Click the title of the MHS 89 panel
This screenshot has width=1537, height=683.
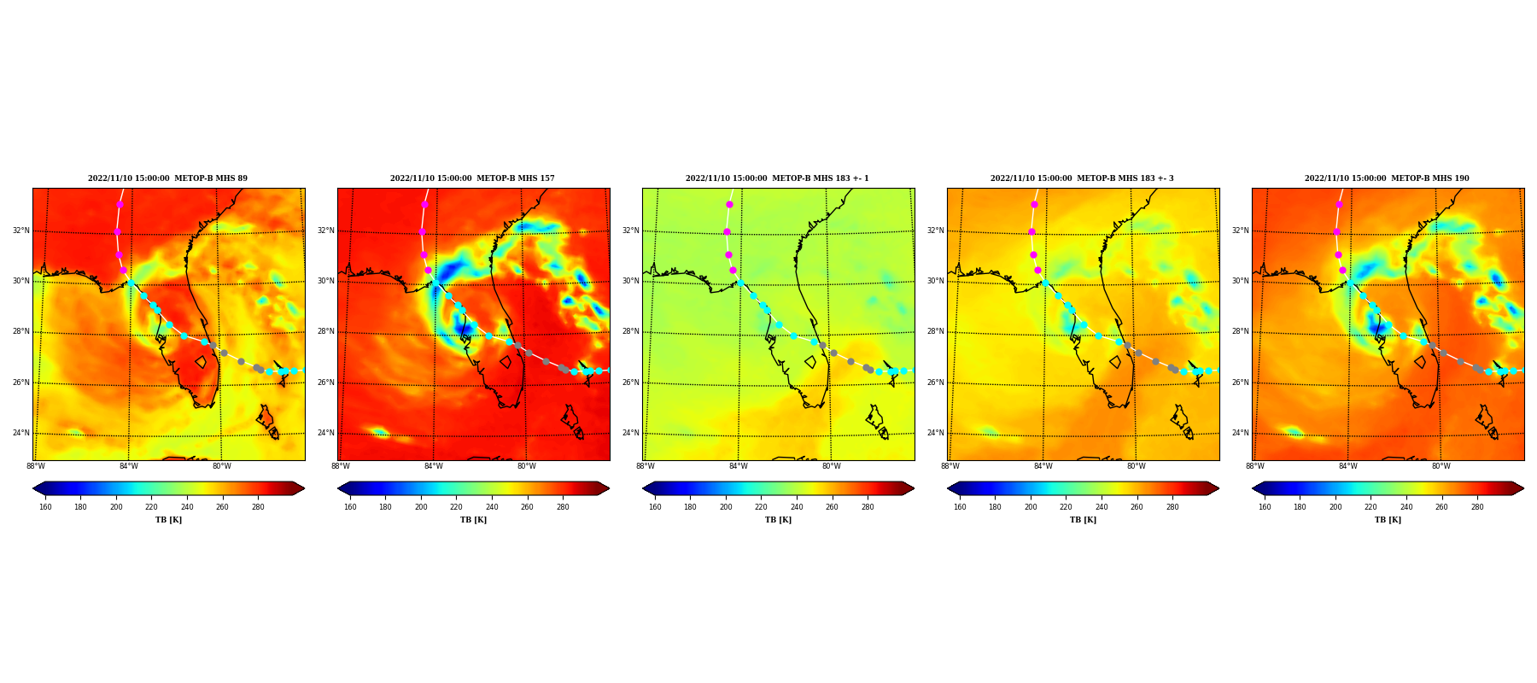[x=167, y=178]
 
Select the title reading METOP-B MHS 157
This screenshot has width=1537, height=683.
[x=472, y=178]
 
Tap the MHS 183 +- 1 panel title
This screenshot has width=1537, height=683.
[x=777, y=178]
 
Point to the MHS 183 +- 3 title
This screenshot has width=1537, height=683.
[x=1082, y=178]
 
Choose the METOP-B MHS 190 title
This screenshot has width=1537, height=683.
[x=1387, y=178]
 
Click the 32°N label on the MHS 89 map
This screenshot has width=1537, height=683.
[x=21, y=231]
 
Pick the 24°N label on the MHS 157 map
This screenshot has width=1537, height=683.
[x=326, y=433]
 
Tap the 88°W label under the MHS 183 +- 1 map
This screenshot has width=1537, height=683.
[x=646, y=466]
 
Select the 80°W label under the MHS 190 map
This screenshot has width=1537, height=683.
[x=1441, y=466]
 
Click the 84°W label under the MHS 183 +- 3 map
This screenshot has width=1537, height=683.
[x=1043, y=466]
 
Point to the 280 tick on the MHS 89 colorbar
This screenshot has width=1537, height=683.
[x=258, y=507]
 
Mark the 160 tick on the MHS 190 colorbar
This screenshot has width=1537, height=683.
[x=1265, y=507]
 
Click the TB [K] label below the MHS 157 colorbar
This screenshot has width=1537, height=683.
[x=473, y=520]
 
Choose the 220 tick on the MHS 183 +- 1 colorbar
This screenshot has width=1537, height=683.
[x=761, y=507]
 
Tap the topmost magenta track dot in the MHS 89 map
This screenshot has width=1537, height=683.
[x=120, y=205]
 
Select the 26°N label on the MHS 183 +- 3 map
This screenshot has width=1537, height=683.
[x=936, y=382]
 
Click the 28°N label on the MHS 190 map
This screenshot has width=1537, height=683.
[x=1241, y=331]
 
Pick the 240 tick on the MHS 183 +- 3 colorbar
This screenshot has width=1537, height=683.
[x=1102, y=507]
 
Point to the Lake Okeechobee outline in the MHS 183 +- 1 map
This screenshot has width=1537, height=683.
[x=810, y=362]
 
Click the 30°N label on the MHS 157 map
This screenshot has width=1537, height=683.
[x=326, y=281]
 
